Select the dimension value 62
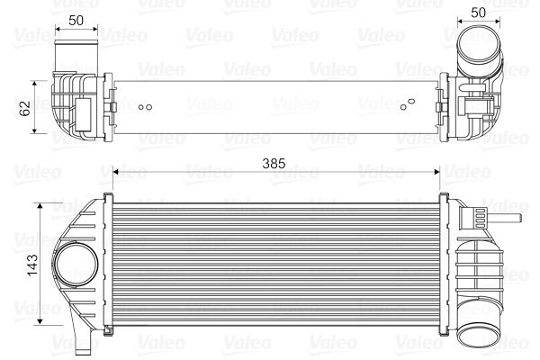25,107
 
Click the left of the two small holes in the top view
141,105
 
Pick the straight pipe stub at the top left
76,53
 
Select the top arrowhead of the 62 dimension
36,82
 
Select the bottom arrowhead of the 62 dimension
36,131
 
